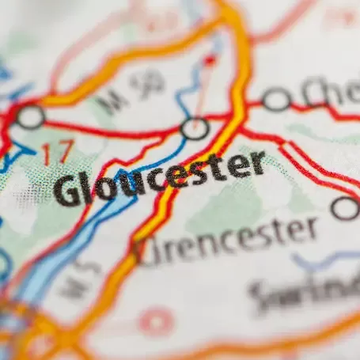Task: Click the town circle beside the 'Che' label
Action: pyautogui.click(x=276, y=100)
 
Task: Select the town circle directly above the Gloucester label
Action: pyautogui.click(x=195, y=127)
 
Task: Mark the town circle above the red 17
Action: pyautogui.click(x=30, y=117)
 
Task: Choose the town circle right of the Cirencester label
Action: pyautogui.click(x=345, y=208)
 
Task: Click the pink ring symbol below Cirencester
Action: pyautogui.click(x=156, y=322)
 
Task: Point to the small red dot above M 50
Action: pyautogui.click(x=210, y=60)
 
